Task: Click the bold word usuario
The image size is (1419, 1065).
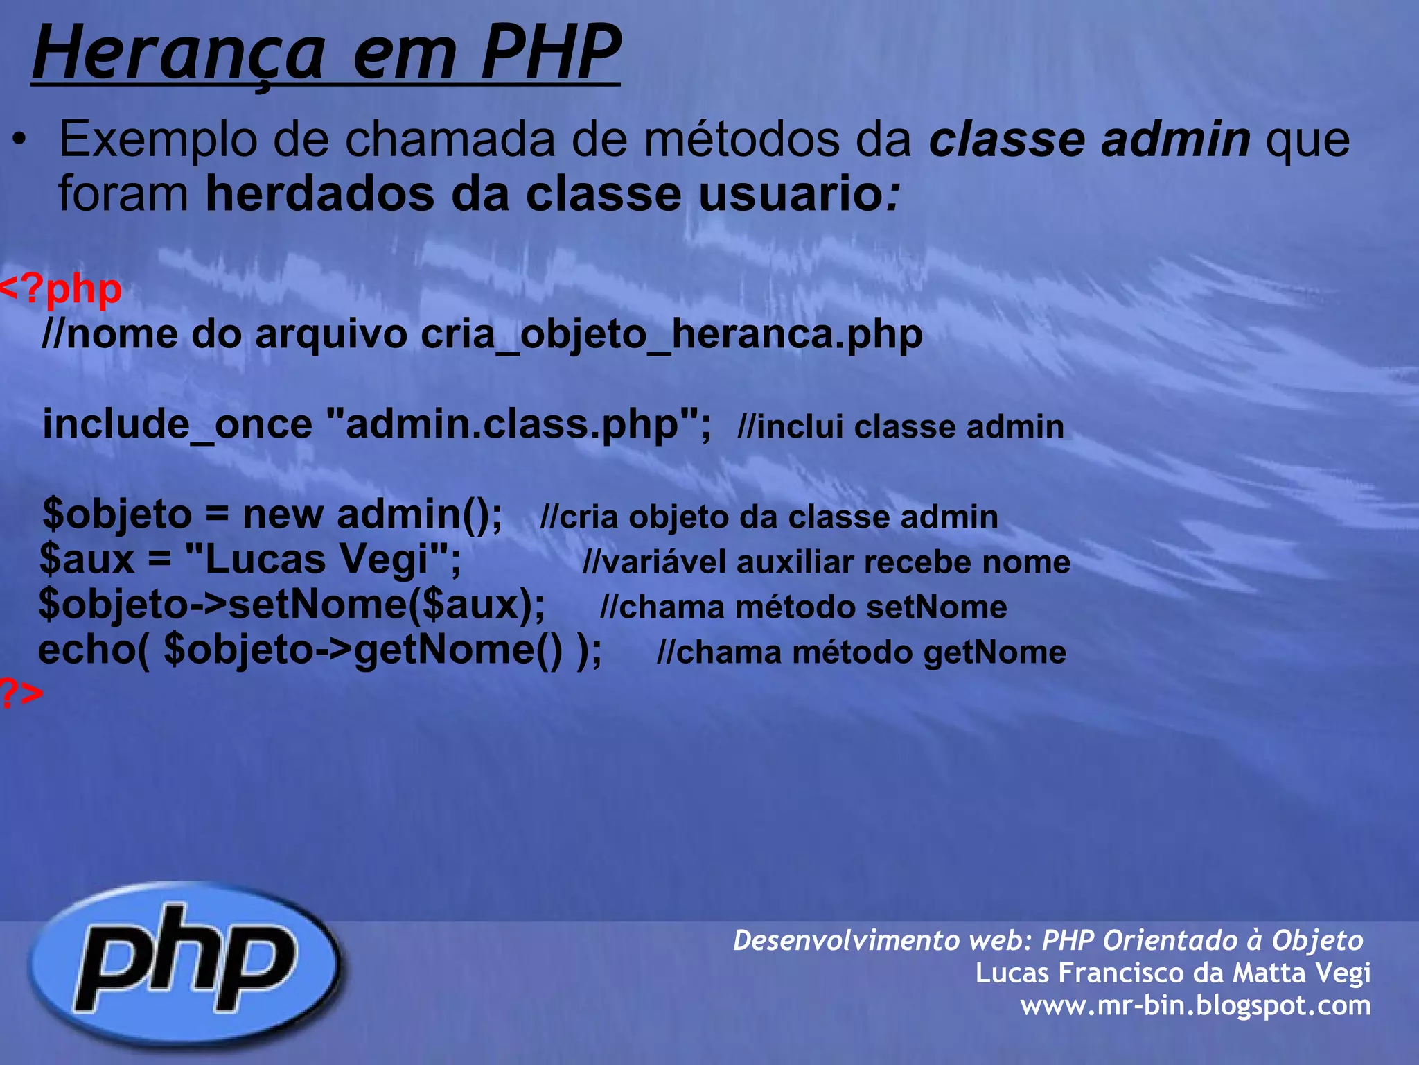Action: [x=790, y=193]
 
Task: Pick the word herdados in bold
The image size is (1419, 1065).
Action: [x=319, y=193]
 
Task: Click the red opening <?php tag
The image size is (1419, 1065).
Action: [x=61, y=288]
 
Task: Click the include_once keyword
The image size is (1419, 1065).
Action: [x=177, y=424]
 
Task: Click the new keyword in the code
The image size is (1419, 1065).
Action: [x=283, y=514]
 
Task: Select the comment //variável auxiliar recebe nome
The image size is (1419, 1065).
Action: [x=826, y=562]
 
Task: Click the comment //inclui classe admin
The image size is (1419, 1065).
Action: [x=900, y=426]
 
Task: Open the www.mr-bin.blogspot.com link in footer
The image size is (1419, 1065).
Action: [x=1195, y=1005]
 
